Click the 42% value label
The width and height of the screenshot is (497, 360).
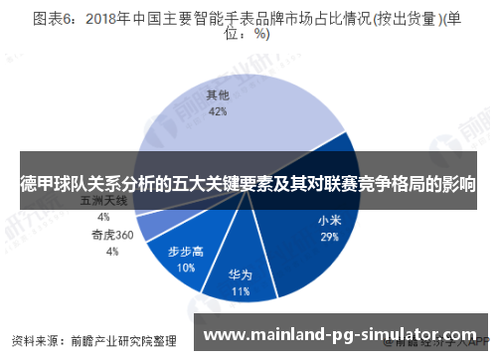[x=218, y=111]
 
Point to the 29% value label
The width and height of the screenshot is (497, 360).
[x=329, y=238]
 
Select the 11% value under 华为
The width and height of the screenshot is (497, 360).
[x=240, y=292]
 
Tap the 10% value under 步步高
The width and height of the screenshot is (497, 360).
[x=186, y=268]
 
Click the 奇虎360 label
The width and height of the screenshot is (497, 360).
[x=112, y=236]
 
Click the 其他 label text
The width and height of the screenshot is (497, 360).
[x=218, y=96]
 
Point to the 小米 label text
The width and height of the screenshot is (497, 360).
[x=330, y=221]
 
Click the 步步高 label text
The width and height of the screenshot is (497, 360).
[x=186, y=252]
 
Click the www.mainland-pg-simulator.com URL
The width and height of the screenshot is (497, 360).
[x=347, y=334]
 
